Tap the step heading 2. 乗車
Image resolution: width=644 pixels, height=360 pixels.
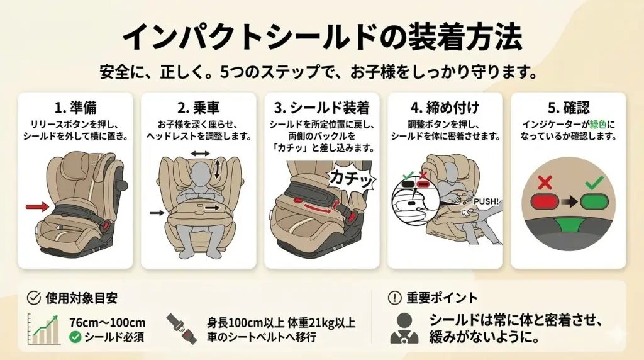point(198,106)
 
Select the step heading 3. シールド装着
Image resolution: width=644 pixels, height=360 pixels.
point(321,106)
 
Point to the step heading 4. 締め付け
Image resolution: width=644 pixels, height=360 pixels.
point(445,106)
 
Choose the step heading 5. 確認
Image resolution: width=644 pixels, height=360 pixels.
point(568,106)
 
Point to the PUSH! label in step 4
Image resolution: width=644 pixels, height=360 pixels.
point(486,201)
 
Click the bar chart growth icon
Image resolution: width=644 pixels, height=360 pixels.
point(45,330)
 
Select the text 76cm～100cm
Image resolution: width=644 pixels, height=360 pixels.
point(107,322)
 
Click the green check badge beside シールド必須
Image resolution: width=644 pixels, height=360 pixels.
point(75,337)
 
